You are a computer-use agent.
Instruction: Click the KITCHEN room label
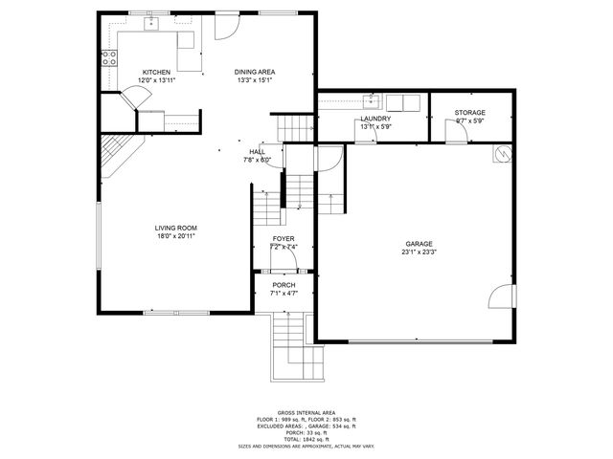(157, 73)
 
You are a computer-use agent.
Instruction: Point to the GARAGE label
(419, 244)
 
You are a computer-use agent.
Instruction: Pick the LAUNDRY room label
(375, 119)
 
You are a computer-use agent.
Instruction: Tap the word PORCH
(284, 285)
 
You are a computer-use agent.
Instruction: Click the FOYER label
(284, 239)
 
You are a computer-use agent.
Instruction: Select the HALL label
(258, 152)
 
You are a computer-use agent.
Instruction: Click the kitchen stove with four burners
(109, 58)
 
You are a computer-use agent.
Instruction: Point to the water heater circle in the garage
(501, 153)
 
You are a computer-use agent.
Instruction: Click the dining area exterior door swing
(225, 28)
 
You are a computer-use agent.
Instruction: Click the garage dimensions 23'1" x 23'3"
(419, 252)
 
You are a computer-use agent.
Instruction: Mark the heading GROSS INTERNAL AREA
(306, 412)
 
